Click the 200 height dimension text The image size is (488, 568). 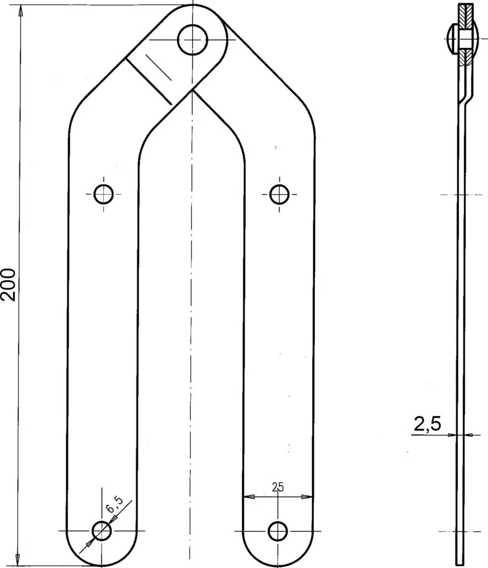8,285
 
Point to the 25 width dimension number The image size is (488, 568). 278,487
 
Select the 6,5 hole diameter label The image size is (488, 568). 114,504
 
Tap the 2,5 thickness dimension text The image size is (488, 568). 428,423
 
